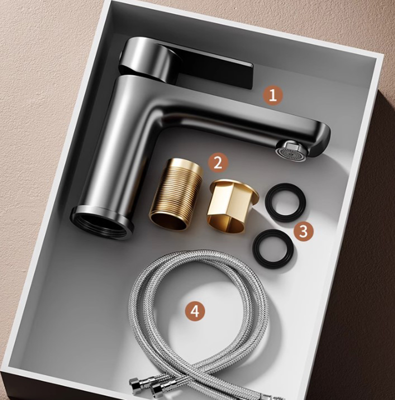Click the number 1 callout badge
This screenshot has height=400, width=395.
[x=272, y=95]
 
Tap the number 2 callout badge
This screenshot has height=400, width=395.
[x=217, y=163]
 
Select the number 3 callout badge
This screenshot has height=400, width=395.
[x=303, y=231]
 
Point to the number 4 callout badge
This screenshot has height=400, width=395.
[x=194, y=311]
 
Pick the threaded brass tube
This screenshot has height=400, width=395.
[x=176, y=194]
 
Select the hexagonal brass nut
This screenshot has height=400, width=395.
[x=231, y=206]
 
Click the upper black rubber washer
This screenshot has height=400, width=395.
[x=285, y=202]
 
